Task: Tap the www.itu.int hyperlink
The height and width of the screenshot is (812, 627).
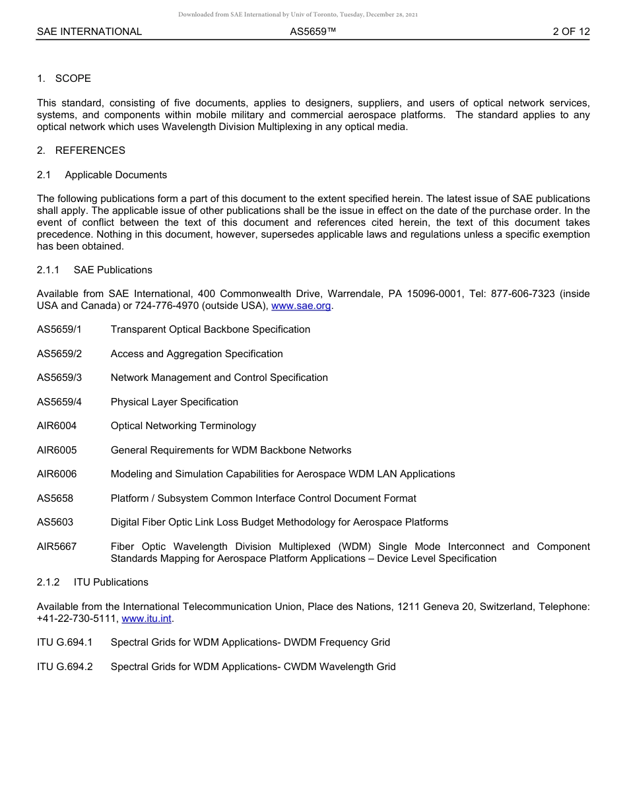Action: pyautogui.click(x=147, y=619)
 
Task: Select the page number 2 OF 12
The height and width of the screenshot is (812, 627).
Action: pyautogui.click(x=571, y=32)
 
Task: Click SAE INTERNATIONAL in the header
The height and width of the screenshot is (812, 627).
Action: pyautogui.click(x=89, y=32)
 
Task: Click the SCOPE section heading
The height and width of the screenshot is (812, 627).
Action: pyautogui.click(x=73, y=79)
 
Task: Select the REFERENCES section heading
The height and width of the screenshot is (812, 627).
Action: pyautogui.click(x=90, y=151)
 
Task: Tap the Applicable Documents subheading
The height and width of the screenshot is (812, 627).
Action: pyautogui.click(x=115, y=175)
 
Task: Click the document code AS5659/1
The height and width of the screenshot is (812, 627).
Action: pyautogui.click(x=59, y=329)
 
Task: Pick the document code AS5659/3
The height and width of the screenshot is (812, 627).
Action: pyautogui.click(x=59, y=378)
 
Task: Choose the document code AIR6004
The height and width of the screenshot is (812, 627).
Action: pyautogui.click(x=57, y=426)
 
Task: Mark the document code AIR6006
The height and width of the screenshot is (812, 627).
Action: pyautogui.click(x=57, y=474)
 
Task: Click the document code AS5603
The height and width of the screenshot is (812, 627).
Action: pyautogui.click(x=55, y=522)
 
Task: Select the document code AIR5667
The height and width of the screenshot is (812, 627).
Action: pyautogui.click(x=57, y=547)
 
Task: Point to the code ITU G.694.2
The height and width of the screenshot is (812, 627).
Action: pyautogui.click(x=65, y=667)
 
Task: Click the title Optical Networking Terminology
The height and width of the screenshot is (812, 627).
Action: pyautogui.click(x=183, y=426)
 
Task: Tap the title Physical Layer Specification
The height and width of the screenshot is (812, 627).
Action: pyautogui.click(x=174, y=402)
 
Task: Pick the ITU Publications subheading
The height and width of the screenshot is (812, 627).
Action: pyautogui.click(x=111, y=582)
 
